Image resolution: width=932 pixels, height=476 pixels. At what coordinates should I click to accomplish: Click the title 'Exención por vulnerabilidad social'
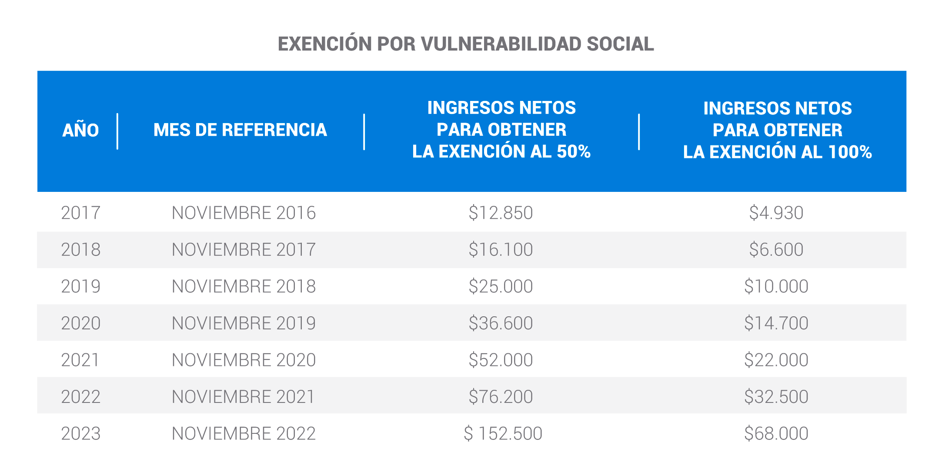coord(466,44)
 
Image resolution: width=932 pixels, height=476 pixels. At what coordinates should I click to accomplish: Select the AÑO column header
coord(80,130)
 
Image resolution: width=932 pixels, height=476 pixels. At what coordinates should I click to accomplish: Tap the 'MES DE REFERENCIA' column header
coord(240,130)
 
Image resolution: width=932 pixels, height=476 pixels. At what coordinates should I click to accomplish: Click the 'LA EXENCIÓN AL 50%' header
coord(501,151)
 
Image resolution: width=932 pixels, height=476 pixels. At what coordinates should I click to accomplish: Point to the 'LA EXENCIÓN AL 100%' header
coord(777,152)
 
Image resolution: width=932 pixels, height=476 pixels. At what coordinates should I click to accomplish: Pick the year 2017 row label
coord(80,213)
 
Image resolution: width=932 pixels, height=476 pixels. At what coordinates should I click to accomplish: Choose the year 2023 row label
coord(80,433)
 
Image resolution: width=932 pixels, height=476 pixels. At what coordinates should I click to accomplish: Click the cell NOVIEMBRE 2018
coord(244,286)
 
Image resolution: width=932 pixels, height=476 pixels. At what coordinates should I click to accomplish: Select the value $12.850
coord(501,213)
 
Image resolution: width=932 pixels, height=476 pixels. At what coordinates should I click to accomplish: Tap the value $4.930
coord(776,213)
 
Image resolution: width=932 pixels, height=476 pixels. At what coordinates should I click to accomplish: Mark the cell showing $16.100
coord(501,250)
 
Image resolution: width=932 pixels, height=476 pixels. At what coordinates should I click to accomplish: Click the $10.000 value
coord(776,286)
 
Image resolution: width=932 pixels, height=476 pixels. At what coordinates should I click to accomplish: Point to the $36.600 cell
coord(501,323)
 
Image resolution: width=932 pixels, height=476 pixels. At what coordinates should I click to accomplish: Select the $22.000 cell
coord(776,360)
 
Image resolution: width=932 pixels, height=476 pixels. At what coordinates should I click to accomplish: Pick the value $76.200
coord(501,397)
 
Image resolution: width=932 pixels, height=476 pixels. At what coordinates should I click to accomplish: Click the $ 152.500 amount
coord(503,433)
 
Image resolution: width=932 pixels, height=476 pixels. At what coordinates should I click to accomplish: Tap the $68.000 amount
coord(776,433)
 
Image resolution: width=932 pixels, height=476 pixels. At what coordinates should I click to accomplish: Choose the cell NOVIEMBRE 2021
coord(244,397)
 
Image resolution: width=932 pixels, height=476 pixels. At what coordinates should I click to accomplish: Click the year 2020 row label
coord(80,323)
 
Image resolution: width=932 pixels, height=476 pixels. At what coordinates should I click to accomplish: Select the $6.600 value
coord(776,250)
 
